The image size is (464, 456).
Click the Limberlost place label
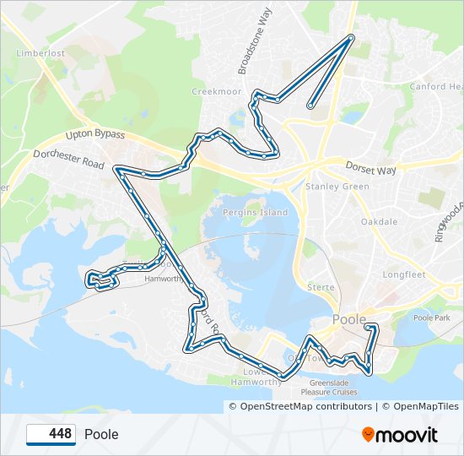click(40, 52)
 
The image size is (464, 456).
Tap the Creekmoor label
click(211, 91)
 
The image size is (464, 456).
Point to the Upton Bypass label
click(95, 135)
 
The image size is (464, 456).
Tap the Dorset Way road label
click(370, 170)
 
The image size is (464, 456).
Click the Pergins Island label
click(255, 212)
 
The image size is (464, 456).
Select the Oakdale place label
click(379, 221)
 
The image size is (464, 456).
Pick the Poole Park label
click(434, 318)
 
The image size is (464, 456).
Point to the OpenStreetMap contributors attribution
click(300, 406)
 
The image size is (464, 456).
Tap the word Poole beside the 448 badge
click(101, 435)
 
